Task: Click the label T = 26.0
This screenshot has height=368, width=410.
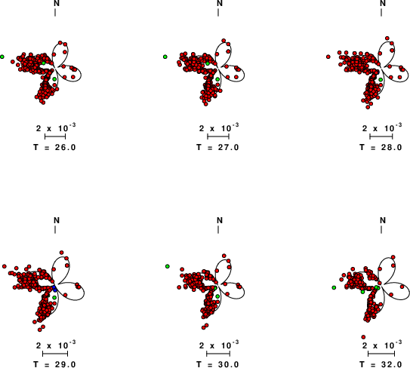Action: click(x=55, y=147)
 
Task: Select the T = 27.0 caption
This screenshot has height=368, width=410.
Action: click(x=217, y=147)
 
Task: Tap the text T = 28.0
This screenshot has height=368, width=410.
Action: click(x=381, y=147)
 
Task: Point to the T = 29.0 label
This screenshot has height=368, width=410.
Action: click(x=55, y=364)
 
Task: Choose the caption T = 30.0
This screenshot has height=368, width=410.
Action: click(x=217, y=364)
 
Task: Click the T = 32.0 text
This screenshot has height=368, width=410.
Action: click(x=381, y=364)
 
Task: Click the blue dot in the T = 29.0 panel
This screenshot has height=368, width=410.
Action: click(x=54, y=289)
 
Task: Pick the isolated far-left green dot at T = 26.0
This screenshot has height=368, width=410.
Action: click(x=2, y=57)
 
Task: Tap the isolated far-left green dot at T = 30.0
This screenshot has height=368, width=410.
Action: click(x=168, y=266)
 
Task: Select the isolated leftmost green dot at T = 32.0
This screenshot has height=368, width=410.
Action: click(x=334, y=287)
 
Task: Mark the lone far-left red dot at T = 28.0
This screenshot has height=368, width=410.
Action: click(x=328, y=57)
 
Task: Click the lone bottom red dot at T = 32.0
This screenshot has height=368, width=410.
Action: click(x=363, y=337)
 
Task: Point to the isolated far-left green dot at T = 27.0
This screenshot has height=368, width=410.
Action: click(x=165, y=57)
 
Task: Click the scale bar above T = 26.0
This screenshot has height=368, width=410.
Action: click(x=55, y=136)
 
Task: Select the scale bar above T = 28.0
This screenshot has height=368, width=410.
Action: click(x=381, y=136)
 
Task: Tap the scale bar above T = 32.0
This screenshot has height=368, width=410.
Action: click(x=381, y=354)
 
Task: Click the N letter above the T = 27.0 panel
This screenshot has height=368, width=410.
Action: click(x=220, y=4)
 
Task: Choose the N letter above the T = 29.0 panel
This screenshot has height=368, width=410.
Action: click(x=57, y=220)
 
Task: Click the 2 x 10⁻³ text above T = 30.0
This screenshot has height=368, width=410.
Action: click(x=219, y=345)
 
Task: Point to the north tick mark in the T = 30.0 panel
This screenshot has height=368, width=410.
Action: click(x=218, y=229)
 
